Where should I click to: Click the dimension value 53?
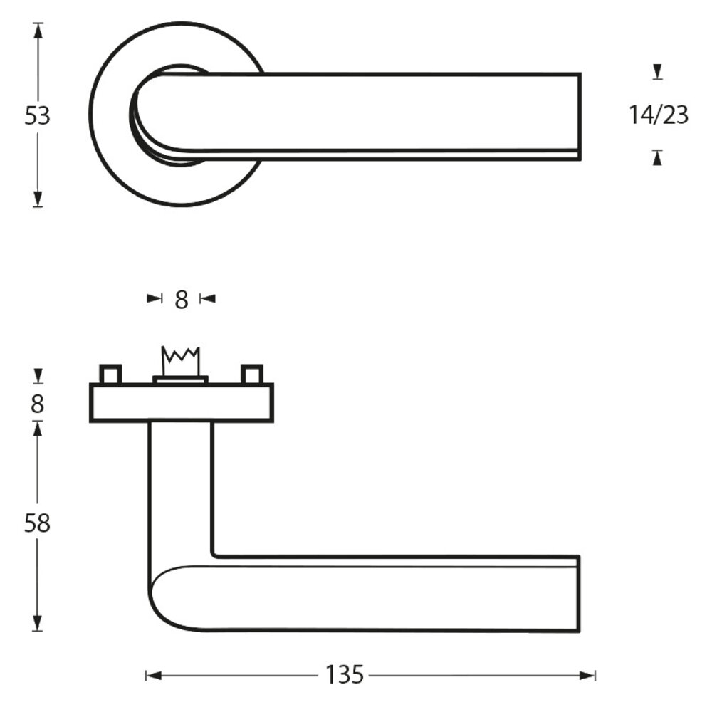click(38, 115)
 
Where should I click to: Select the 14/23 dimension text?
click(659, 115)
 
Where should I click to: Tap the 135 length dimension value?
click(345, 674)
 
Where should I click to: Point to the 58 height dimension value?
click(38, 523)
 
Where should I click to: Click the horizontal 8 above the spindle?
click(182, 300)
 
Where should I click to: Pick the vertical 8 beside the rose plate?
click(38, 404)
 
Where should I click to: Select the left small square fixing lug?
click(110, 374)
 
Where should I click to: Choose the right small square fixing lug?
click(252, 374)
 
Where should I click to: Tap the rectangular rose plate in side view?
click(181, 403)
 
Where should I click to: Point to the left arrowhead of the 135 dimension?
click(152, 674)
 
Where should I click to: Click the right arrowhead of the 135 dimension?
click(587, 674)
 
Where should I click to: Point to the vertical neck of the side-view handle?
click(182, 491)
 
